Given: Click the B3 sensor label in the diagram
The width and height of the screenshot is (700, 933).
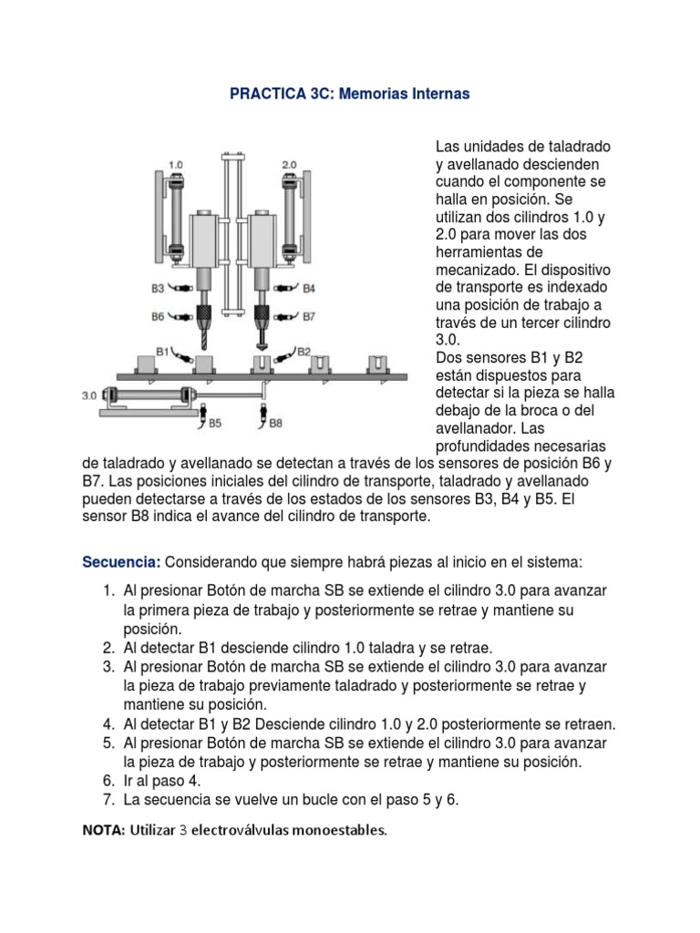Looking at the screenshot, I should pyautogui.click(x=159, y=289).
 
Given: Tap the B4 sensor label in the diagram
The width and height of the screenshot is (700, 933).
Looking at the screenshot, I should pyautogui.click(x=308, y=289).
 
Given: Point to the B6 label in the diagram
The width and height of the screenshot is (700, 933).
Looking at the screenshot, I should pyautogui.click(x=159, y=317).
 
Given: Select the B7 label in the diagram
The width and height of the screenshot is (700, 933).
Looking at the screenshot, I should pyautogui.click(x=308, y=317).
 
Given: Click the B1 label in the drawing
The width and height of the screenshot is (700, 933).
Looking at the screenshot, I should pyautogui.click(x=165, y=349).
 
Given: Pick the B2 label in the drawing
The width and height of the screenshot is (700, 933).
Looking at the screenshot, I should pyautogui.click(x=304, y=349).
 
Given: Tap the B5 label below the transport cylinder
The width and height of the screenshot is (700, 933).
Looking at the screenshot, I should pyautogui.click(x=214, y=423).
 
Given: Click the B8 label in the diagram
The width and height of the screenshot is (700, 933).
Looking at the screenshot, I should pyautogui.click(x=275, y=423).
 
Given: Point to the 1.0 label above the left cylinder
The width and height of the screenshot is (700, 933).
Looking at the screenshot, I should pyautogui.click(x=176, y=164).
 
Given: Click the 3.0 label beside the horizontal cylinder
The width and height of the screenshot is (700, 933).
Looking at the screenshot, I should pyautogui.click(x=89, y=396).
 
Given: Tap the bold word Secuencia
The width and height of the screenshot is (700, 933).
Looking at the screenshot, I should pyautogui.click(x=121, y=559).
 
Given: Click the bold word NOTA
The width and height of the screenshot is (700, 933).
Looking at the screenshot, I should pyautogui.click(x=105, y=830).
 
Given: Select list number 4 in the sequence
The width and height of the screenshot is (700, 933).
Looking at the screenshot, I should pyautogui.click(x=108, y=724).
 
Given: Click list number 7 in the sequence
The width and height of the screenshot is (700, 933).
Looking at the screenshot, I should pyautogui.click(x=108, y=800).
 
